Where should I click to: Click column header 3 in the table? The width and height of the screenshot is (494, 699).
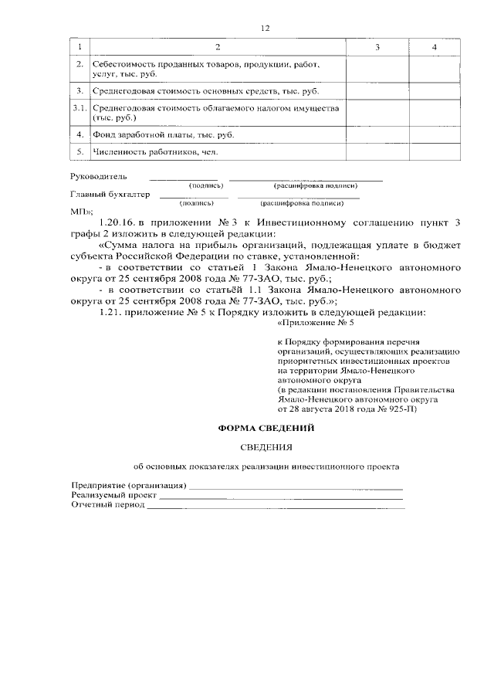tap(377, 49)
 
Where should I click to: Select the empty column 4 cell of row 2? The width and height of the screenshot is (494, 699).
tap(435, 70)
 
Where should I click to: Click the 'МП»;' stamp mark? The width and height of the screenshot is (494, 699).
tap(82, 211)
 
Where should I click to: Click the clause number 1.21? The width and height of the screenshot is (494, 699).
tap(113, 312)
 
